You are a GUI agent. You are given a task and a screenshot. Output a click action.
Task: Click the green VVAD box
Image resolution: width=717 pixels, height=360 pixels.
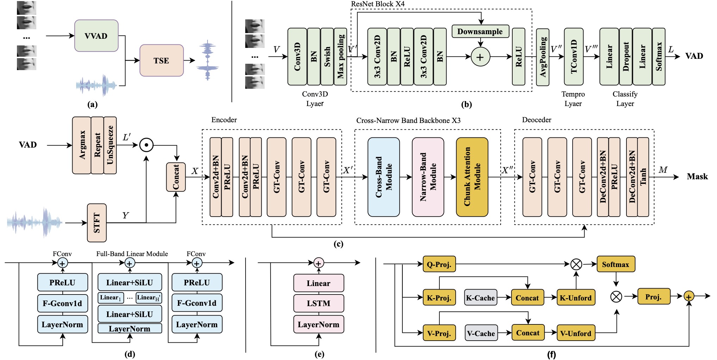[96, 36]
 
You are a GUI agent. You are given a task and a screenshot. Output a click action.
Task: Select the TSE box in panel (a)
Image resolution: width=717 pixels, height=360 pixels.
[161, 61]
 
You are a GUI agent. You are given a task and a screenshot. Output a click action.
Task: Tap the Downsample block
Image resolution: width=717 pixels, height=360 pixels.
[480, 31]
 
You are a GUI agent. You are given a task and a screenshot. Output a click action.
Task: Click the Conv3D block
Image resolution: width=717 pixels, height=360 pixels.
[297, 57]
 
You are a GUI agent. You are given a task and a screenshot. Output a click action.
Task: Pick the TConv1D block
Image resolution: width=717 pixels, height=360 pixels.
[574, 57]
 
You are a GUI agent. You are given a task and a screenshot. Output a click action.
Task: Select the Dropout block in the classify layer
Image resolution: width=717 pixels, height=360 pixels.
[626, 57]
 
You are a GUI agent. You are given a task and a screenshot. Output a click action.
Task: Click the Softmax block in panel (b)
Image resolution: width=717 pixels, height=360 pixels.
[659, 57]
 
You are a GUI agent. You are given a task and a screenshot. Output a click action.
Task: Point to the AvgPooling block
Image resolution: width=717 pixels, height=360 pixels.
[543, 57]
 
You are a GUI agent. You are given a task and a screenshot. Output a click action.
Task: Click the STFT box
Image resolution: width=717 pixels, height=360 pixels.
[97, 223]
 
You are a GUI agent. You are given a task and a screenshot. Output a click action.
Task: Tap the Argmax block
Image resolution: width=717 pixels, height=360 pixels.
[82, 145]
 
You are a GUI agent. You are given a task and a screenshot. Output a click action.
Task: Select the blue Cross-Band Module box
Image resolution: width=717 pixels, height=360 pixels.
[383, 177]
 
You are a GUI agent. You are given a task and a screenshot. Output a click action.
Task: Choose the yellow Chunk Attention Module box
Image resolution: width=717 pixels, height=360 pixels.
[472, 177]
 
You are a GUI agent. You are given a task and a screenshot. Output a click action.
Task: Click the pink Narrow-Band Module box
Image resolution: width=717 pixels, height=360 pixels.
[428, 177]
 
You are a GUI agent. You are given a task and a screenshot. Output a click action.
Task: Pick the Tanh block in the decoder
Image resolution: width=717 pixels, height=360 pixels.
[643, 177]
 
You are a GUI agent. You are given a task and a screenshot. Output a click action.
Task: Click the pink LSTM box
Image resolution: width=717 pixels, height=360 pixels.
[319, 303]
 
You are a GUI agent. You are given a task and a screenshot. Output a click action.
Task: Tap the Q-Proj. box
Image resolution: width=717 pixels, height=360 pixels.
[439, 264]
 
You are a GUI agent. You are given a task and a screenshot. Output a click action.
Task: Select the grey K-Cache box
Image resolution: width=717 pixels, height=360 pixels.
[481, 298]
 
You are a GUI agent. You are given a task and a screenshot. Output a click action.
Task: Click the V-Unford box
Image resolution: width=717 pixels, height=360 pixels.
[576, 333]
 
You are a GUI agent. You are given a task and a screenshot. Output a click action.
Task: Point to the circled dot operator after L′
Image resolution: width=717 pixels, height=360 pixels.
[146, 145]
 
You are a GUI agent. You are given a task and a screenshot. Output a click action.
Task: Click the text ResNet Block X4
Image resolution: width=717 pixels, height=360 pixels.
[378, 4]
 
